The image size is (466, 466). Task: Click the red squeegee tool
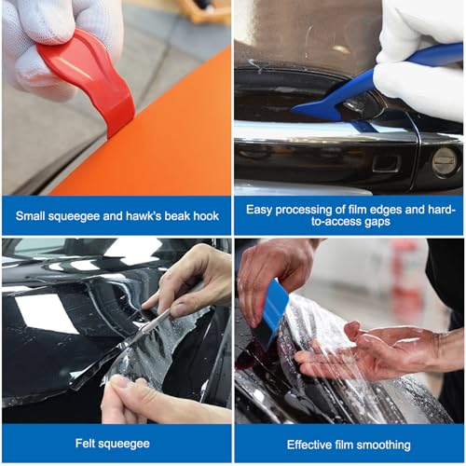point(88,78)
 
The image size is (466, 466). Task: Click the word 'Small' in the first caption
point(34,215)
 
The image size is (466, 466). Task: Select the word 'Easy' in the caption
point(262,208)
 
